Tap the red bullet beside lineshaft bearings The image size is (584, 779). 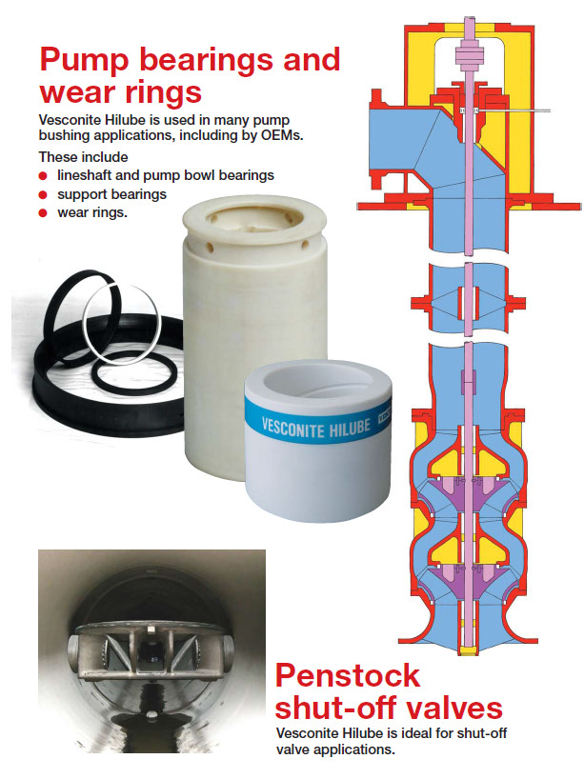(x=43, y=176)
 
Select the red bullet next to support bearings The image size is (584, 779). (x=43, y=194)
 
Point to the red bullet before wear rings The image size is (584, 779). (x=43, y=213)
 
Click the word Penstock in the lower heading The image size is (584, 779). (x=348, y=675)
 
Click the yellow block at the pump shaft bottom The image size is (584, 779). (x=468, y=649)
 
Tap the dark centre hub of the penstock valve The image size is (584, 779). (x=149, y=649)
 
